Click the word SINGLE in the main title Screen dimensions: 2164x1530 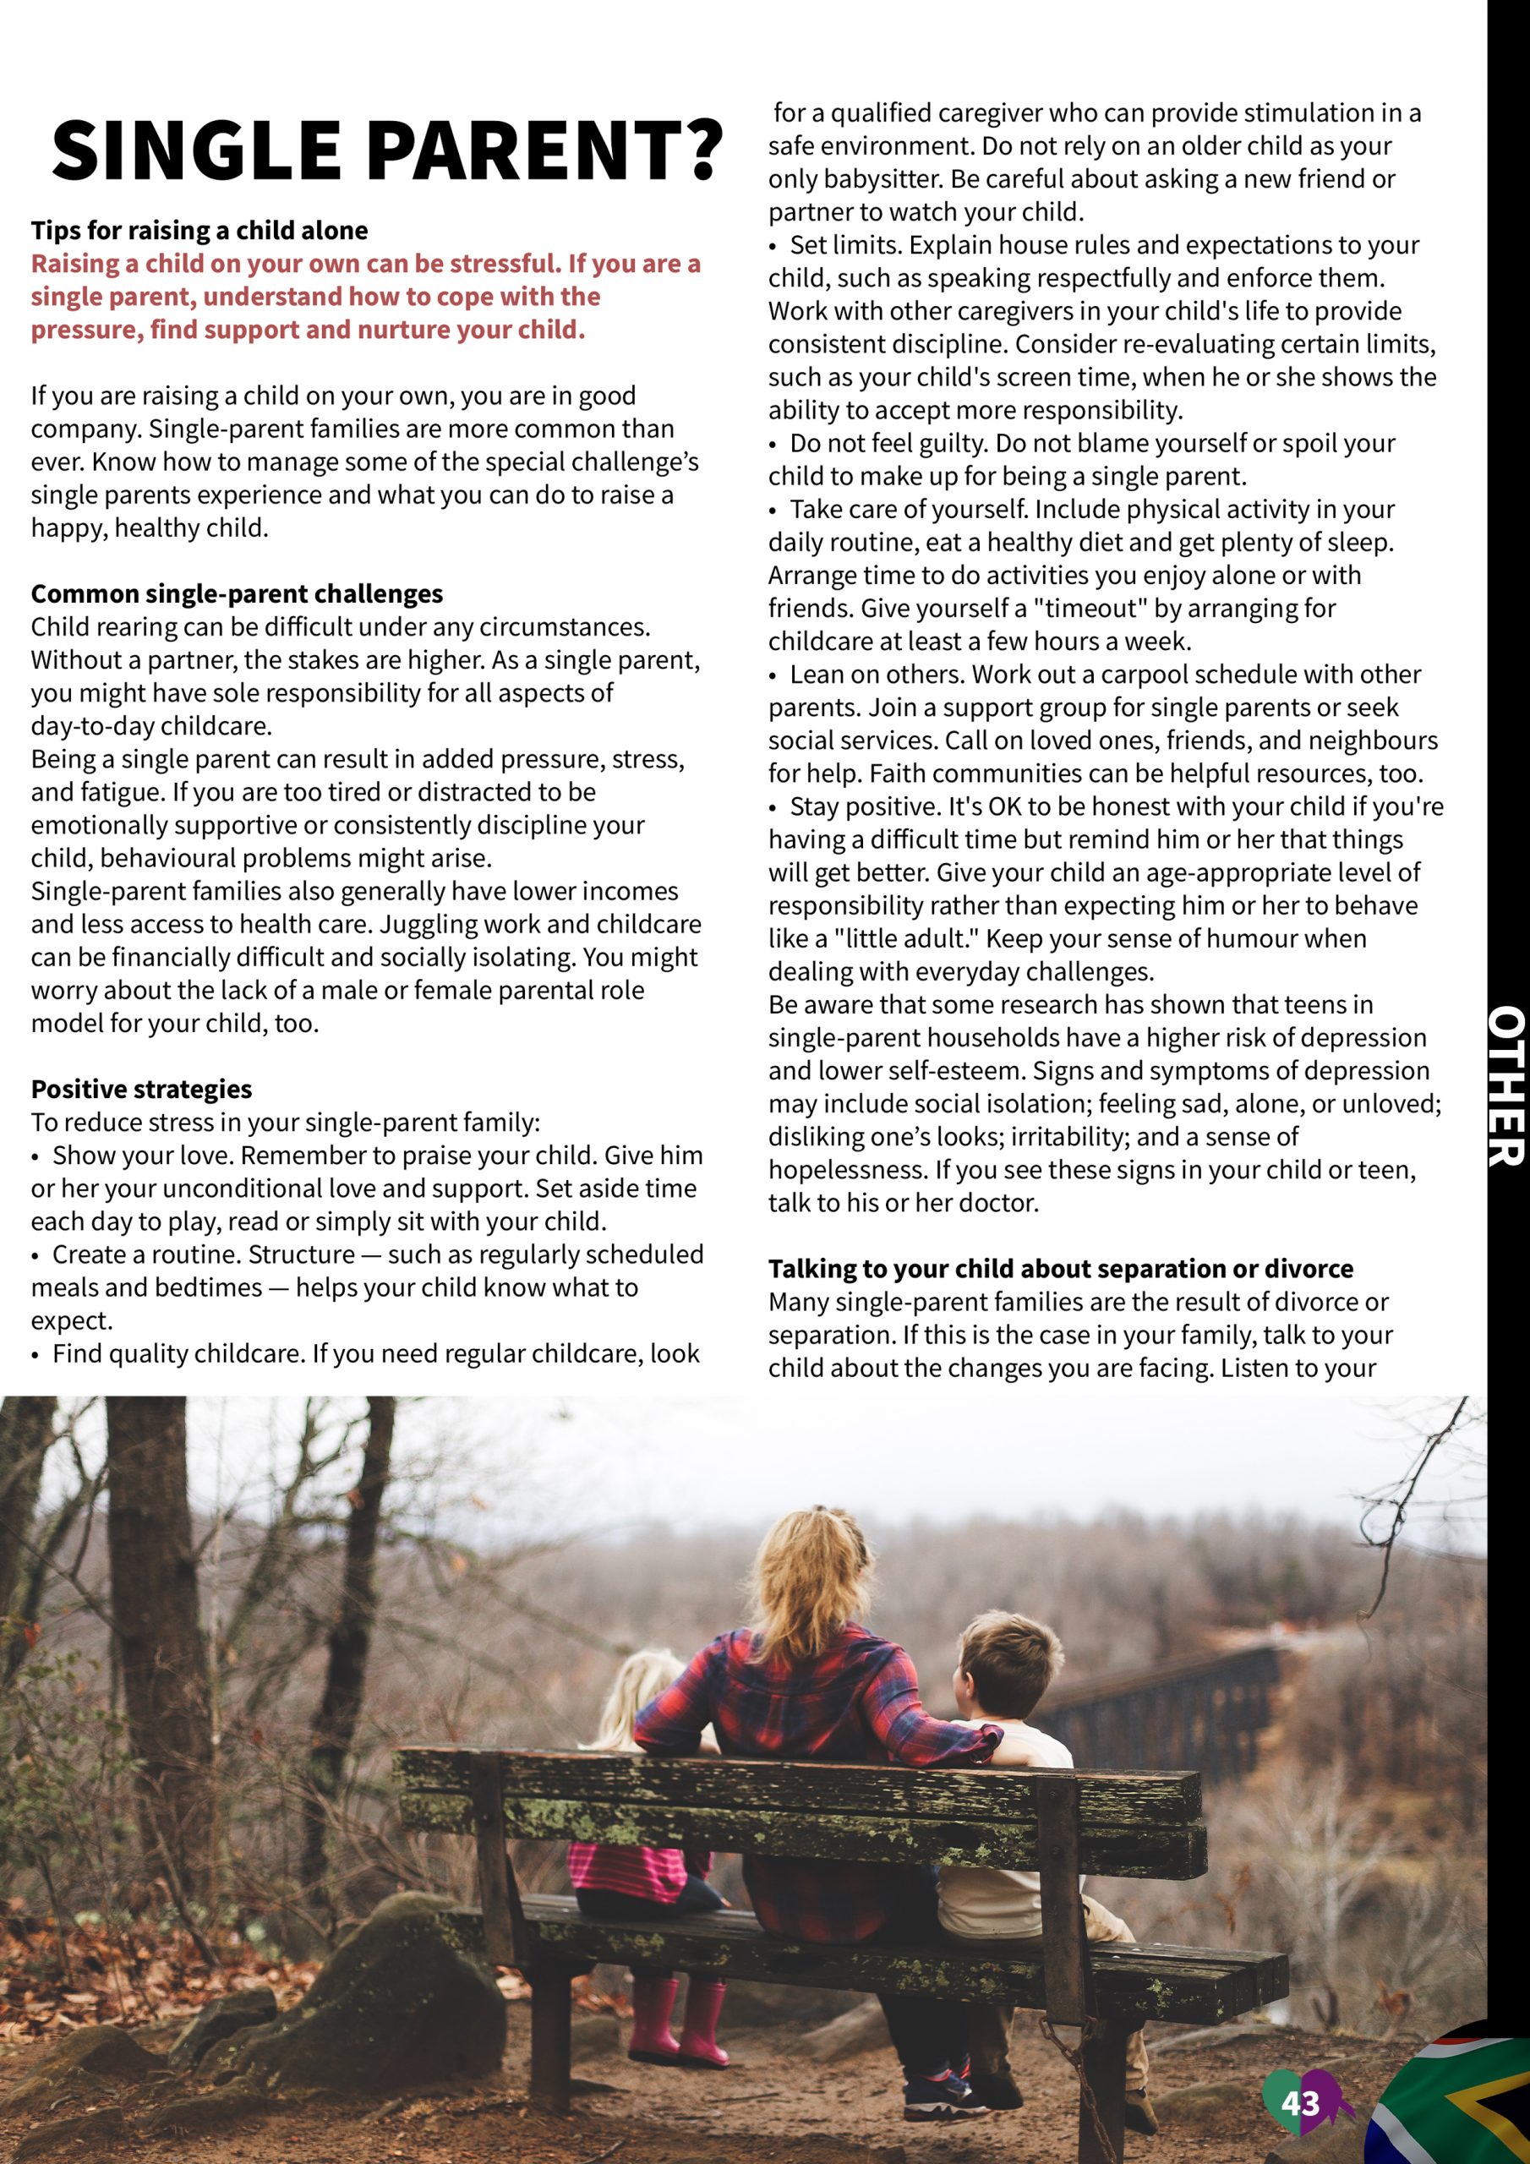tap(196, 150)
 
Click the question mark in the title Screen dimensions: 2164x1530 tap(698, 150)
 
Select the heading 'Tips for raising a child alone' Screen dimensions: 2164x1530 tap(199, 231)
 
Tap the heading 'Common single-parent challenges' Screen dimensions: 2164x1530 tap(237, 593)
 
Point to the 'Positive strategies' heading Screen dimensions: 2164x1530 tap(141, 1089)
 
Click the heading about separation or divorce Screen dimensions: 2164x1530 tap(1061, 1269)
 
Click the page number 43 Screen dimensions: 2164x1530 tap(1300, 2103)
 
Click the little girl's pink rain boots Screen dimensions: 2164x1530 tap(679, 2022)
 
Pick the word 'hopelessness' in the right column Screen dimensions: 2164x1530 tap(845, 1171)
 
